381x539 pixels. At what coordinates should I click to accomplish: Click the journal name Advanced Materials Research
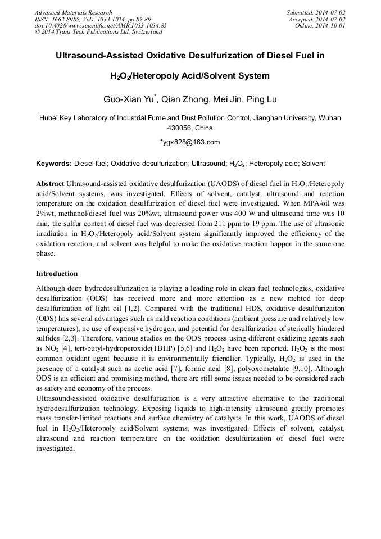tap(74, 12)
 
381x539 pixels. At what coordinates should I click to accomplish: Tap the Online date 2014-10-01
tap(332, 26)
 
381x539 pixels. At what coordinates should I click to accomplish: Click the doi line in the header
tap(101, 26)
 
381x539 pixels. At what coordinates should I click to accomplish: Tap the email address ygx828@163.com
tap(192, 142)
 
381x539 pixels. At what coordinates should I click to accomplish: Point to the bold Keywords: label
tap(54, 164)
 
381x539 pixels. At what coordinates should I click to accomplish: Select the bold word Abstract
tap(50, 184)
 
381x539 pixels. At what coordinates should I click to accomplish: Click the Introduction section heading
tap(57, 274)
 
